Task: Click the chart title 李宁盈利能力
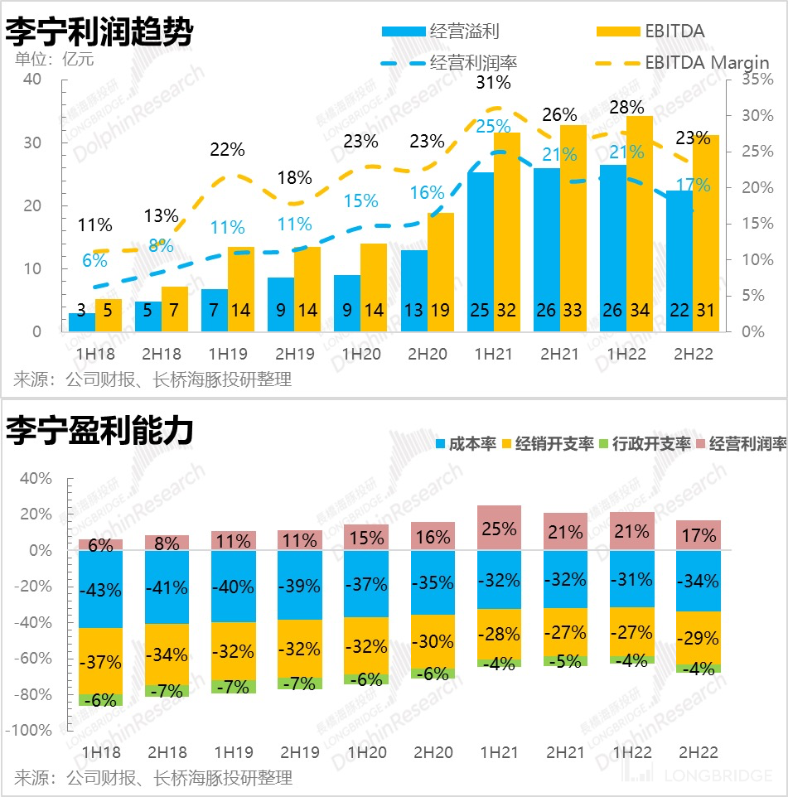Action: (99, 431)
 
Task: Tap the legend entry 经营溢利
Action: (464, 31)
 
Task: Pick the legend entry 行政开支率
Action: (651, 443)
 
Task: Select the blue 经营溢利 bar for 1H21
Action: (481, 249)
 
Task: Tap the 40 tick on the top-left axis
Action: (32, 80)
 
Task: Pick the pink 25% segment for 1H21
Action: (499, 528)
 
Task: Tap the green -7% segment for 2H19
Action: (300, 683)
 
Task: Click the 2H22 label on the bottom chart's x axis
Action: (697, 752)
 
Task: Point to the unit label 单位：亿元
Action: (55, 59)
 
